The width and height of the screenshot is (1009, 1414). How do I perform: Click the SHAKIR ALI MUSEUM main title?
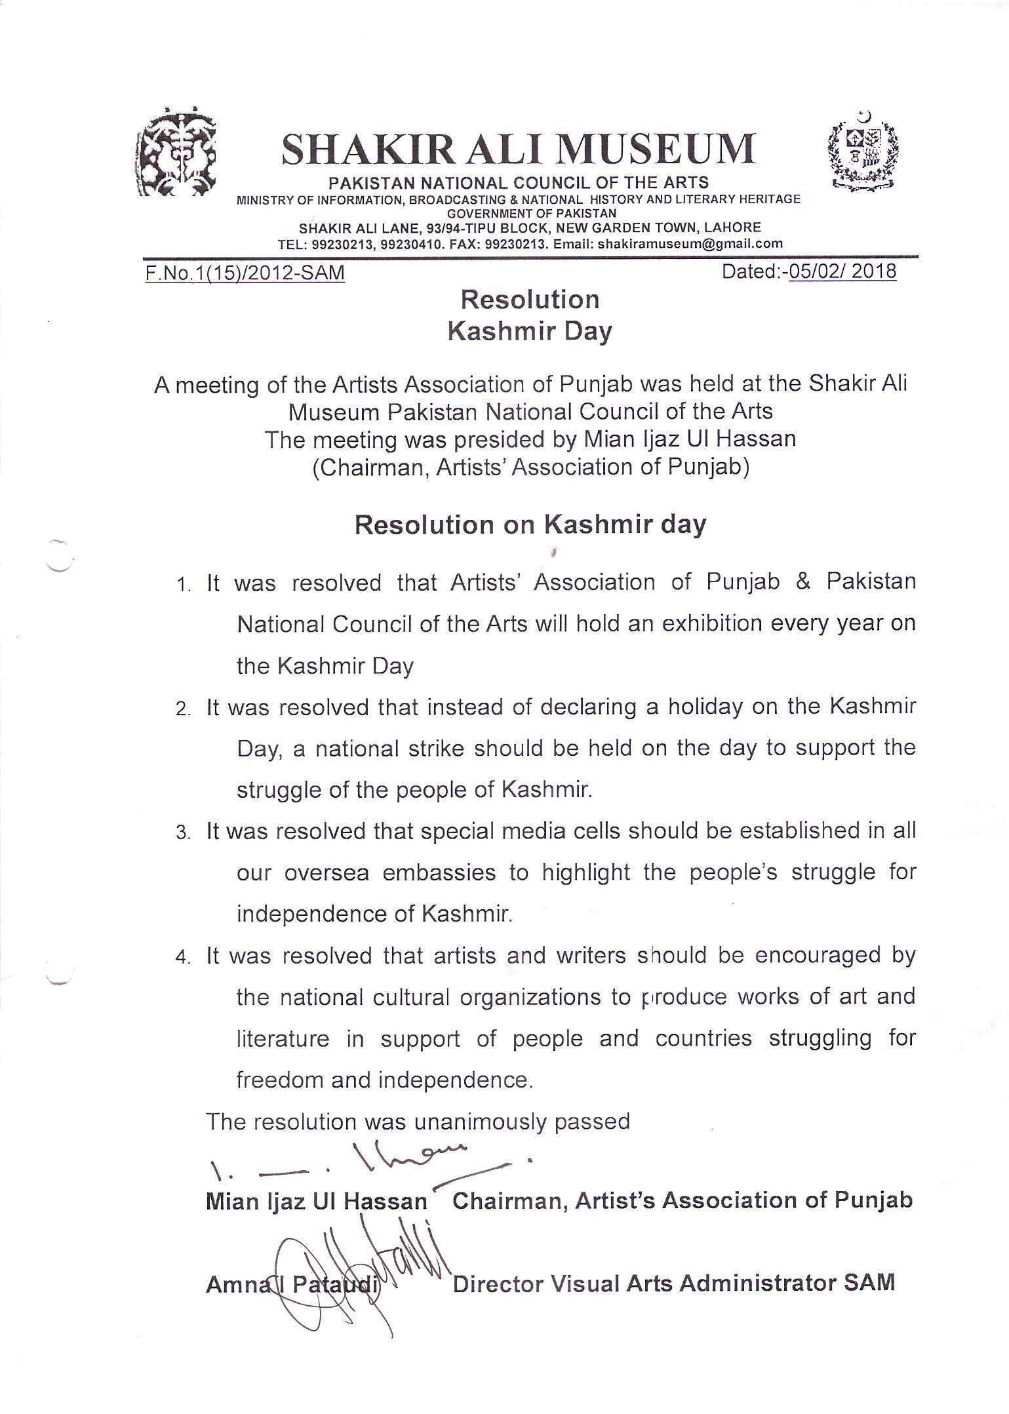tap(517, 148)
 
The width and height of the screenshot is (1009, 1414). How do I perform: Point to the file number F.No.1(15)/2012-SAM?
tap(246, 273)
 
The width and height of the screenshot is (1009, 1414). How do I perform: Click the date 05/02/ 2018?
tap(842, 271)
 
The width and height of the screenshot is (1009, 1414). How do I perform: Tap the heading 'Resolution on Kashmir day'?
tap(530, 525)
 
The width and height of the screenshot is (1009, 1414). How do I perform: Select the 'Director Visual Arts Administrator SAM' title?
tap(673, 1283)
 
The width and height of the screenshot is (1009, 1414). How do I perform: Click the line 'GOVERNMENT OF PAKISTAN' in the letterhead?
tap(531, 213)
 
